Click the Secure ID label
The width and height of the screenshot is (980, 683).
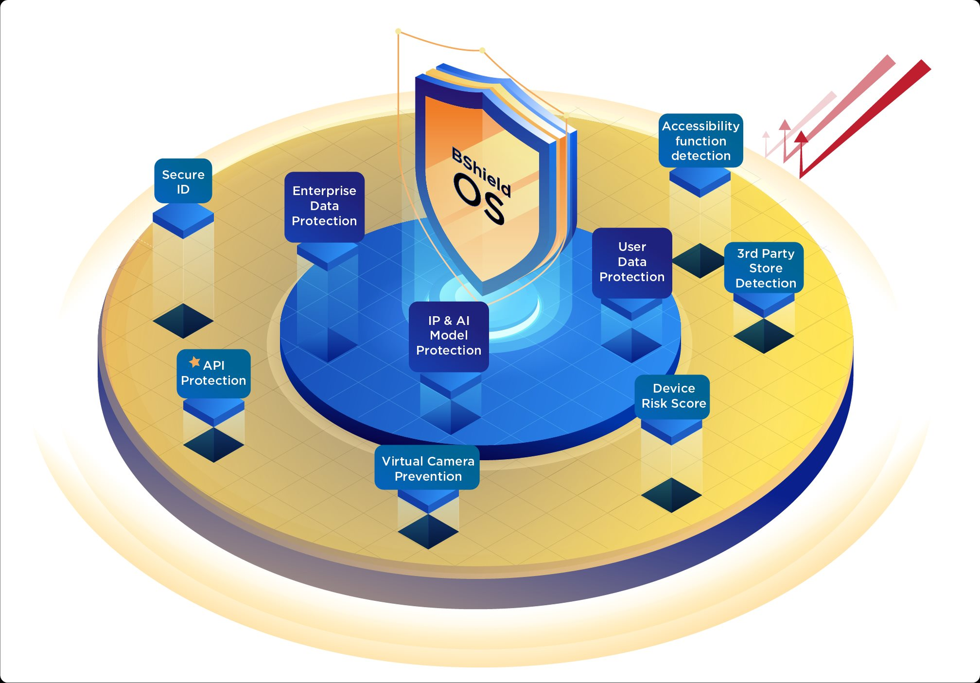coord(183,181)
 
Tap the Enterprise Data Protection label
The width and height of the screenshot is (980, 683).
coord(324,206)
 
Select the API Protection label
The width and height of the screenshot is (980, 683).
coord(213,373)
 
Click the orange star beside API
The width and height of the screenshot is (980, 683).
coord(194,362)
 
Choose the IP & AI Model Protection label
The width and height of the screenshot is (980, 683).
coord(449,336)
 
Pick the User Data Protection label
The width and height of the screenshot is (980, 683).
coord(632,262)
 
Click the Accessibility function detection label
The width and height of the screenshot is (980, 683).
coord(700,140)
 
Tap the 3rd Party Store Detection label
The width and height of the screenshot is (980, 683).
coord(765,268)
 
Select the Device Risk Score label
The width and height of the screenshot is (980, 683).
coord(673,396)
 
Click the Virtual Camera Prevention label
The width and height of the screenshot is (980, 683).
coord(428,468)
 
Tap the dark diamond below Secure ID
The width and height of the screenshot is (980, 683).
coord(183,321)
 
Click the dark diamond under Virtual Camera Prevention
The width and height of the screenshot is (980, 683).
coord(428,531)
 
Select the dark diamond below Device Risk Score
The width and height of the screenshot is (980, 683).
coord(671,495)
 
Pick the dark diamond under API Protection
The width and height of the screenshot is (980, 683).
coord(213,445)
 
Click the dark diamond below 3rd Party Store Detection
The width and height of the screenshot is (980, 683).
coord(764,336)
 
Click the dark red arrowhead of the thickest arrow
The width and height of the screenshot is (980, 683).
coord(801,137)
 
